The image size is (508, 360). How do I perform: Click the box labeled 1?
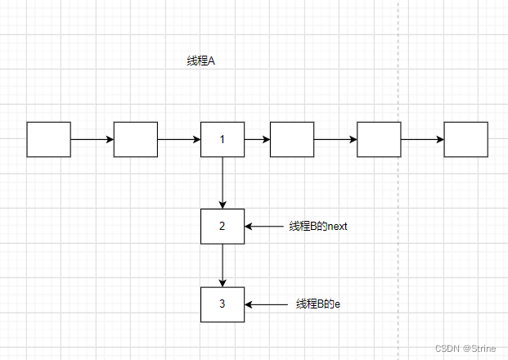click(223, 139)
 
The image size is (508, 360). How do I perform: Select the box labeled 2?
click(223, 226)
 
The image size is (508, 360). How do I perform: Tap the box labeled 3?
click(223, 304)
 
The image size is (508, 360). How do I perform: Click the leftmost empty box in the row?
click(48, 139)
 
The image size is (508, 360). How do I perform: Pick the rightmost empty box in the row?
click(465, 139)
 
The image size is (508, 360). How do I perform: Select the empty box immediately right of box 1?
click(292, 139)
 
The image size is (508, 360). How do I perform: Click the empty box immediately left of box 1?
click(135, 139)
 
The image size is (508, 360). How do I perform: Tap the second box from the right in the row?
click(379, 139)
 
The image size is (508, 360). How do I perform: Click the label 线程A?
click(200, 61)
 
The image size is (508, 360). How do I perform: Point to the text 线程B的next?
click(318, 226)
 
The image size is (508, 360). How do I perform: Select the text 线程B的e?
click(318, 304)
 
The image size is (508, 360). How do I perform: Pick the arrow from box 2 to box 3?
click(223, 265)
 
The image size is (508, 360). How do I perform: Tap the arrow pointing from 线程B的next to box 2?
click(263, 226)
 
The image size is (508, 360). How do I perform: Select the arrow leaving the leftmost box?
click(92, 139)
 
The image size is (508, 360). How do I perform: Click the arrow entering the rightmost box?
click(422, 139)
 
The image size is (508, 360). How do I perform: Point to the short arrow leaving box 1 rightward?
click(257, 139)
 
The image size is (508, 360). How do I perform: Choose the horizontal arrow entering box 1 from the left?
click(178, 139)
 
